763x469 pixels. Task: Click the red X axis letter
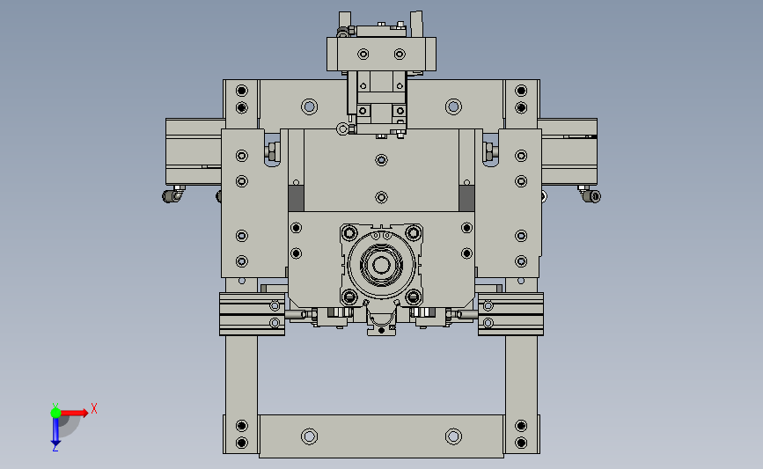[94, 408]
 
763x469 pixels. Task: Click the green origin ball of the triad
[55, 413]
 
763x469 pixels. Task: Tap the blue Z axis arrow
[55, 431]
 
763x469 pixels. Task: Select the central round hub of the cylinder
[381, 265]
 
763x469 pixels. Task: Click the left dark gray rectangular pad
[296, 198]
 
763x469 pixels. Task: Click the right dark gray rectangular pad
[466, 198]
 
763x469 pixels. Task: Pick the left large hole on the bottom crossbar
[309, 436]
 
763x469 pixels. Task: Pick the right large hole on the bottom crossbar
[453, 436]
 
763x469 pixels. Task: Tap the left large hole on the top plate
[309, 106]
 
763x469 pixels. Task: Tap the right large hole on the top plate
[453, 106]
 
